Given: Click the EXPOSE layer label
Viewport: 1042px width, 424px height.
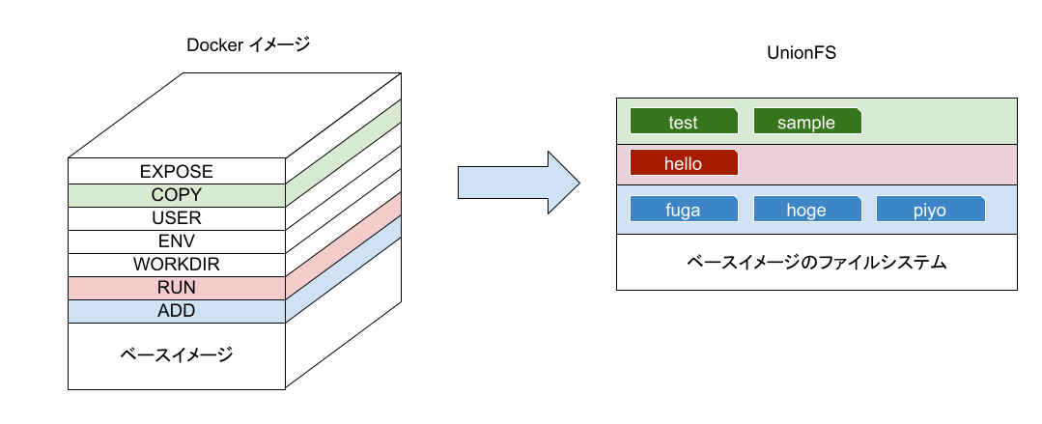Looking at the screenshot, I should click(177, 172).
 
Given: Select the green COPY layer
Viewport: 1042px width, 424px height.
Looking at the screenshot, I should click(177, 195).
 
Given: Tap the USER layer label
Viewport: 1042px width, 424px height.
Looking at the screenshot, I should click(177, 218).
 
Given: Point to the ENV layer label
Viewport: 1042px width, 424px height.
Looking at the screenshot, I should click(177, 241).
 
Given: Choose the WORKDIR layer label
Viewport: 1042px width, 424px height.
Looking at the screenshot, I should click(177, 265).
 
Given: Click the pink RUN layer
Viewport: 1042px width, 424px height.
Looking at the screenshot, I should click(177, 288).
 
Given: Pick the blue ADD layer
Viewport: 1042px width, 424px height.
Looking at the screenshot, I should click(177, 311).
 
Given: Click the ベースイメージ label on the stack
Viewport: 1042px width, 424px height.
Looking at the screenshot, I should click(177, 355).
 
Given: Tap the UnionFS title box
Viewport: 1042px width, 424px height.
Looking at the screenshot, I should click(801, 52).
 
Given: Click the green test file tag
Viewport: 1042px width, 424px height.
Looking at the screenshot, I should click(684, 123).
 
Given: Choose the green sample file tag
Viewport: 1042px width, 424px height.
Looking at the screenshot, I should click(807, 123).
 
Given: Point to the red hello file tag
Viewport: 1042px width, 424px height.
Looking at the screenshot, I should click(684, 163).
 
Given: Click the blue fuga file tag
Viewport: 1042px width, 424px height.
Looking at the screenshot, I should click(684, 210).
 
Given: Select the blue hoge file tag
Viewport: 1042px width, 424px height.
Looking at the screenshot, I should click(807, 210).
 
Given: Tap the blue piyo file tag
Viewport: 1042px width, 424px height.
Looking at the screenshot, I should click(930, 210).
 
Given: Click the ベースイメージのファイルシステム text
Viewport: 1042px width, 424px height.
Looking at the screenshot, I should click(816, 262).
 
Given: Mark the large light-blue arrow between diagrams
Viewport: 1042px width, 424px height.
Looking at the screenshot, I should click(517, 182).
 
